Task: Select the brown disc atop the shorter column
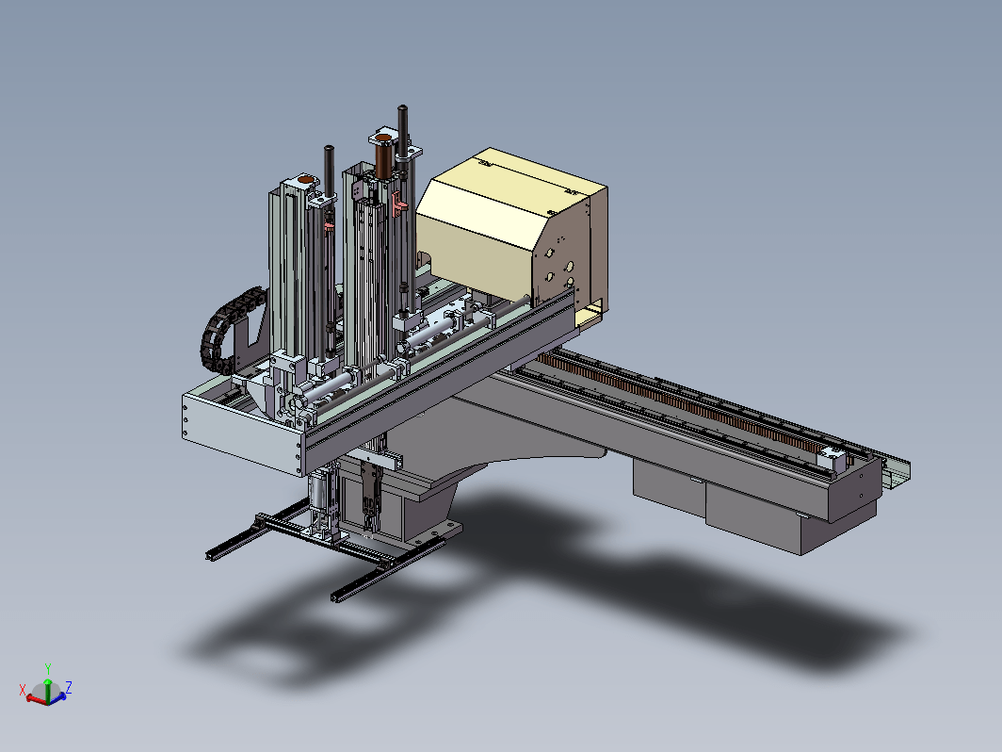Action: coord(307,180)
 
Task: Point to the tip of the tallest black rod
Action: coord(403,107)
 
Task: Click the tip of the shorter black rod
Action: coord(329,148)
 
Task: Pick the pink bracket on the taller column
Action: coord(398,203)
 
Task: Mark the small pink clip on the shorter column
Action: coord(329,225)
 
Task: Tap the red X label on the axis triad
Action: coord(23,690)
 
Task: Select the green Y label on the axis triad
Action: coord(48,669)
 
